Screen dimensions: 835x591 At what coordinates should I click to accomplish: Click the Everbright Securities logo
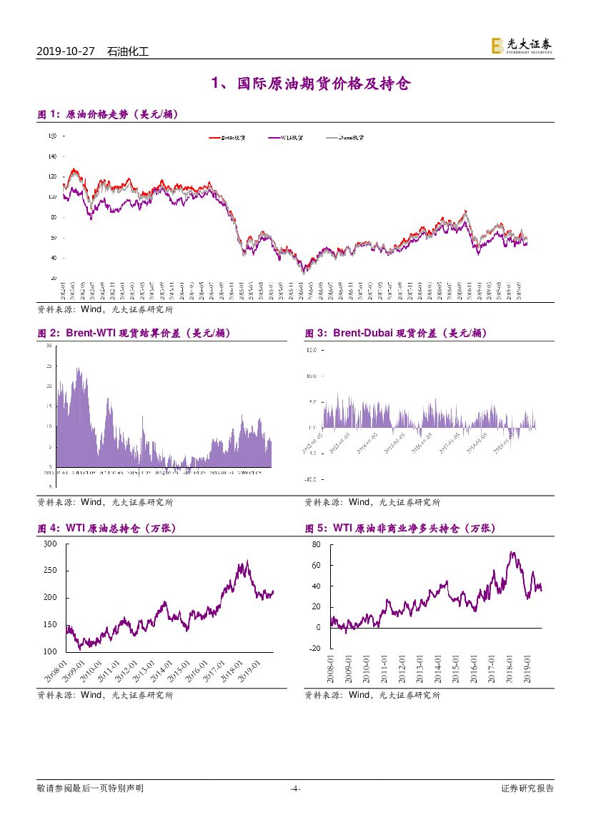[x=521, y=46]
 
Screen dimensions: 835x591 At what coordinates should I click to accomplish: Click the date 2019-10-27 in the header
[x=66, y=51]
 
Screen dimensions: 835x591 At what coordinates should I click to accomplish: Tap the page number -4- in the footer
[x=295, y=789]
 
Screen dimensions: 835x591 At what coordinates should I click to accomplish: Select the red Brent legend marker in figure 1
[x=214, y=138]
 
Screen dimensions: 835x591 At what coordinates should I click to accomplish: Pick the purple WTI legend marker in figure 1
[x=274, y=138]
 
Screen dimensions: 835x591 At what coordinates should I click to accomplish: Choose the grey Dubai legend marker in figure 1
[x=332, y=138]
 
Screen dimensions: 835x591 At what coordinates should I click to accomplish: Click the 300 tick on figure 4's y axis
[x=50, y=544]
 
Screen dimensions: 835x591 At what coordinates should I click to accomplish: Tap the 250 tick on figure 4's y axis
[x=50, y=571]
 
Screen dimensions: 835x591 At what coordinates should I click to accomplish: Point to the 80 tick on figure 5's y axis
[x=317, y=544]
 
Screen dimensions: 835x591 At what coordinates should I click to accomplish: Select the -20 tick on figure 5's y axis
[x=315, y=649]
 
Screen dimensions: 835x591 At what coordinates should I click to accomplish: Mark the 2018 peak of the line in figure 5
[x=512, y=552]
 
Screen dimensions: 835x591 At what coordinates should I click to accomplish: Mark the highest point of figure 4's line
[x=247, y=561]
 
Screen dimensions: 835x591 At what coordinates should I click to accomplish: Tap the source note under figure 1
[x=104, y=310]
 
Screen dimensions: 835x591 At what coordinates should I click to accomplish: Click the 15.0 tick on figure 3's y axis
[x=311, y=351]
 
